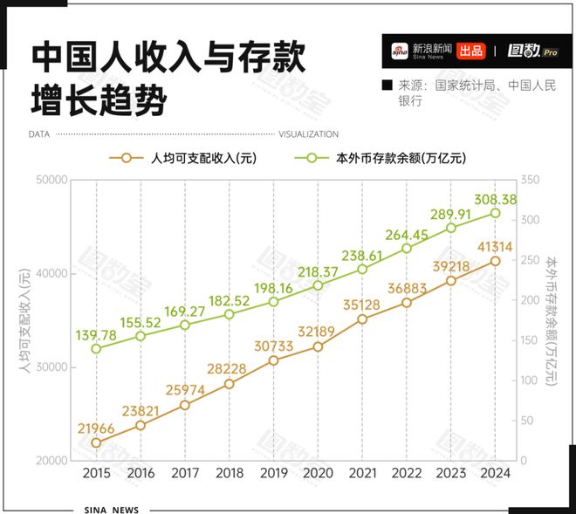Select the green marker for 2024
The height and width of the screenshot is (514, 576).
click(x=495, y=213)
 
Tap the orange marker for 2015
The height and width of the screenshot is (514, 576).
click(x=96, y=442)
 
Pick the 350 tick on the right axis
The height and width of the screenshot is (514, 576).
click(x=529, y=180)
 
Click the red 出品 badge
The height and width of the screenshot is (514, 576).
click(x=471, y=51)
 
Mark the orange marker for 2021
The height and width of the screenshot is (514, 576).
click(x=362, y=319)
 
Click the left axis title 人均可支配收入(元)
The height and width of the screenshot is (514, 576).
click(x=25, y=320)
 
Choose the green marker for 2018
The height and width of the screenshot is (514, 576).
click(x=230, y=314)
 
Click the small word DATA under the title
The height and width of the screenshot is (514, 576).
click(x=38, y=134)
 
